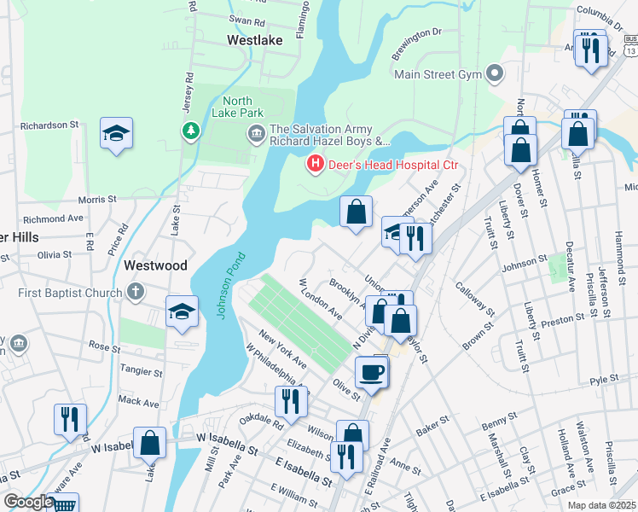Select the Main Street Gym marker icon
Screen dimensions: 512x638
click(x=494, y=73)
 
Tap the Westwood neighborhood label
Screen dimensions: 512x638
click(x=155, y=265)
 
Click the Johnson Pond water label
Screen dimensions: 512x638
click(x=229, y=285)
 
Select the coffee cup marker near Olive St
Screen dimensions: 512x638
click(x=371, y=372)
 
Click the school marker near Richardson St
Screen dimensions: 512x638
click(x=116, y=133)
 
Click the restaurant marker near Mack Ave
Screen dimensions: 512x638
click(x=69, y=419)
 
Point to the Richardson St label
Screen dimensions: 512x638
click(x=49, y=125)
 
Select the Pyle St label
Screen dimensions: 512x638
click(x=603, y=378)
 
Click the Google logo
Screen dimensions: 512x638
click(x=27, y=502)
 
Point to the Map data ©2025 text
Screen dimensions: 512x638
click(x=601, y=505)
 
